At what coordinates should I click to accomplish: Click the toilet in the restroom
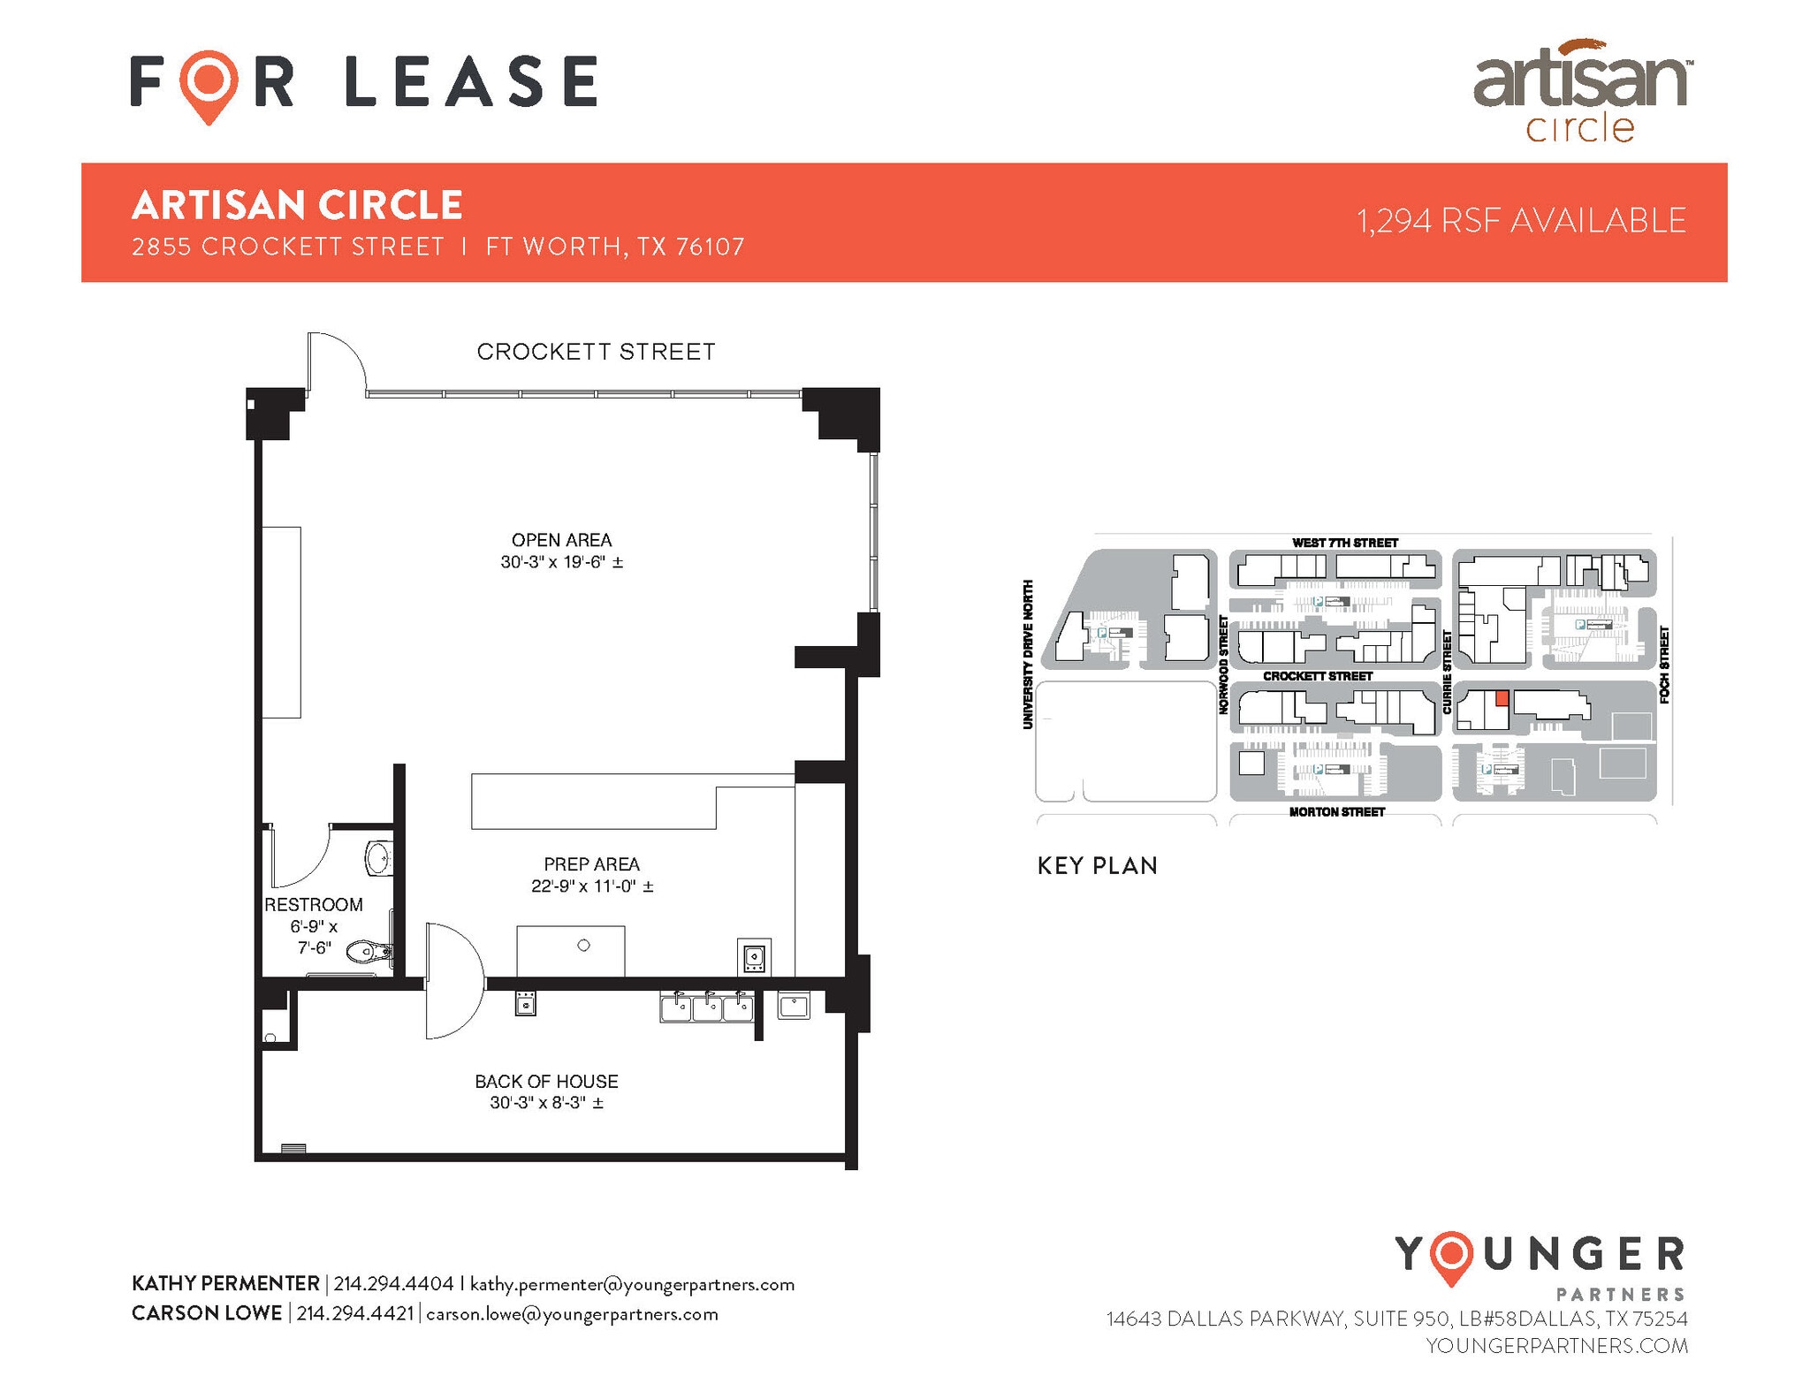click(367, 952)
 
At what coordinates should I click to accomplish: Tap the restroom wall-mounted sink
click(378, 857)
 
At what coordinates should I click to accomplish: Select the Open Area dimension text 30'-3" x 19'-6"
click(561, 562)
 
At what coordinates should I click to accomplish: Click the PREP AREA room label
click(591, 864)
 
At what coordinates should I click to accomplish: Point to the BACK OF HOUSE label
click(546, 1081)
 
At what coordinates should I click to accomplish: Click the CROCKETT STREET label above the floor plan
click(596, 352)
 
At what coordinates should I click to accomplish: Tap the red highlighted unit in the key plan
click(1502, 698)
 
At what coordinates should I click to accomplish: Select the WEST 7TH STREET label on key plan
click(1344, 543)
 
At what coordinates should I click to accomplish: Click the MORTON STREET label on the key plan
click(1336, 811)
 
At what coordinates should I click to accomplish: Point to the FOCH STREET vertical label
click(1664, 665)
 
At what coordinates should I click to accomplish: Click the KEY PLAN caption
click(1097, 865)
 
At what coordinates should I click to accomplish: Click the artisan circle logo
click(1581, 91)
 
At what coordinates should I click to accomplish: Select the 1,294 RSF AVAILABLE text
click(1521, 221)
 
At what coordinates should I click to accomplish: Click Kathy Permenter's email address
click(632, 1283)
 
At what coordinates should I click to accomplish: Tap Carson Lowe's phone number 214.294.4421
click(355, 1313)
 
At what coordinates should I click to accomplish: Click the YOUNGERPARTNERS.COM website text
click(1556, 1345)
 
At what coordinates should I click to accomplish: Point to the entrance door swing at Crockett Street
click(336, 362)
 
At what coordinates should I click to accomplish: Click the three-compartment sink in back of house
click(707, 1007)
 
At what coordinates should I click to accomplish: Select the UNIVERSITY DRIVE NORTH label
click(1028, 654)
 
